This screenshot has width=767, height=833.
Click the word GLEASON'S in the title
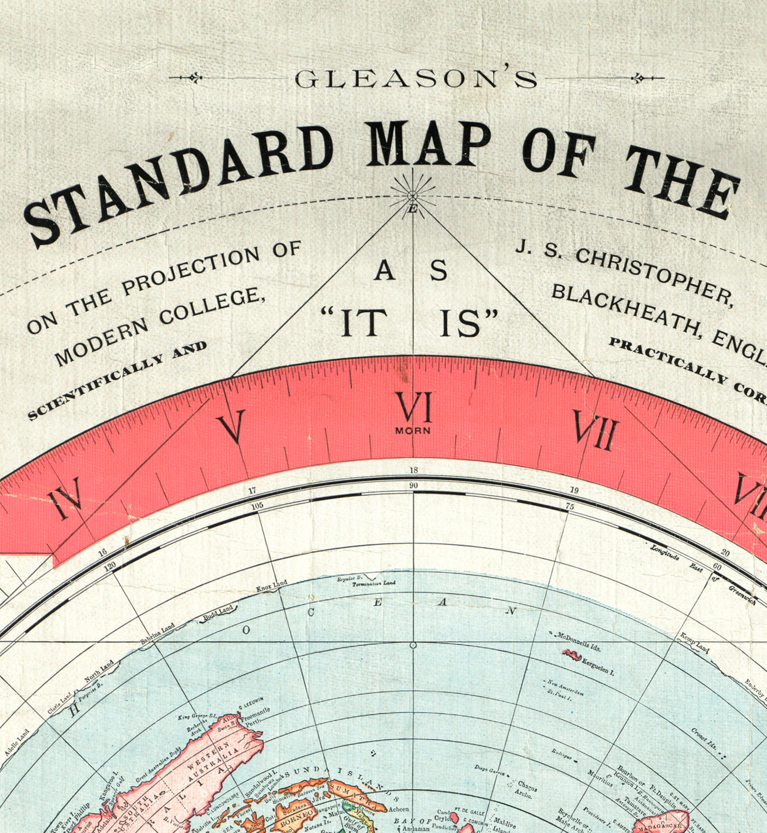coord(415,79)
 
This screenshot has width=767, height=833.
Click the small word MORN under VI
coord(412,430)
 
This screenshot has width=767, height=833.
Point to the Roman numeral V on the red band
coord(232,426)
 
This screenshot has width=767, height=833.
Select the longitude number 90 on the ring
coord(413,485)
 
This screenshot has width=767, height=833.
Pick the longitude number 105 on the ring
coord(257,506)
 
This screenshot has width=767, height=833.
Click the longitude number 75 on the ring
coord(570,507)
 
